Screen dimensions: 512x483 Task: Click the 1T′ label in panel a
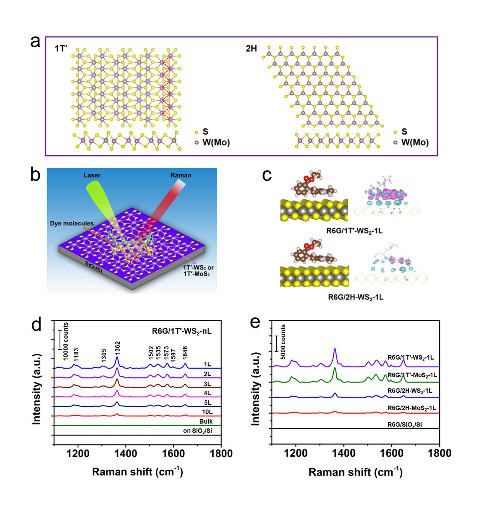[61, 48]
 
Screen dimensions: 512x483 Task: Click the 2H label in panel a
[251, 48]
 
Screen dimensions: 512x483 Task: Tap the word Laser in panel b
[92, 175]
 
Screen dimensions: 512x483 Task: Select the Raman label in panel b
[181, 175]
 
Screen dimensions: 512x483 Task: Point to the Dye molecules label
[72, 224]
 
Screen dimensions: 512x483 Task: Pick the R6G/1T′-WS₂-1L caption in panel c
[354, 231]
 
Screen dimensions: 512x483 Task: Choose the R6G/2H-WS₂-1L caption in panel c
[356, 297]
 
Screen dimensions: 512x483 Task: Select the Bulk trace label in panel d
[206, 421]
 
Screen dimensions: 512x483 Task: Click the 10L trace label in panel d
[207, 412]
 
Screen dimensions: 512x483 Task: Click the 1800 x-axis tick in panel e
[439, 454]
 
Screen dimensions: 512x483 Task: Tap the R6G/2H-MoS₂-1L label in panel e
[412, 408]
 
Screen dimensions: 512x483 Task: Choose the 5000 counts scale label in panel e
[283, 342]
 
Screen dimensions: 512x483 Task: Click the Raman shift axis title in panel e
[355, 472]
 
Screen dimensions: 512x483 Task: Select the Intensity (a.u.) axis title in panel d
[36, 389]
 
